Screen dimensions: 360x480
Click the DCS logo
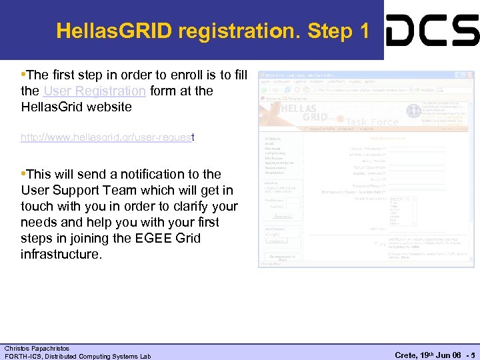point(432,30)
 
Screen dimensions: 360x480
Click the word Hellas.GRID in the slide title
point(113,31)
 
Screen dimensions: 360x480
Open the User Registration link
point(94,91)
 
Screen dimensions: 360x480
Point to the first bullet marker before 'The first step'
point(24,75)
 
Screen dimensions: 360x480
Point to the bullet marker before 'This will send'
point(24,174)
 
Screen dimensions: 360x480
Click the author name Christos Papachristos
point(37,348)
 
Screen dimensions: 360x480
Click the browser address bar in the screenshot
point(367,89)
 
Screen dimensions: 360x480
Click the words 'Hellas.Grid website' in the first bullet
point(77,107)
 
